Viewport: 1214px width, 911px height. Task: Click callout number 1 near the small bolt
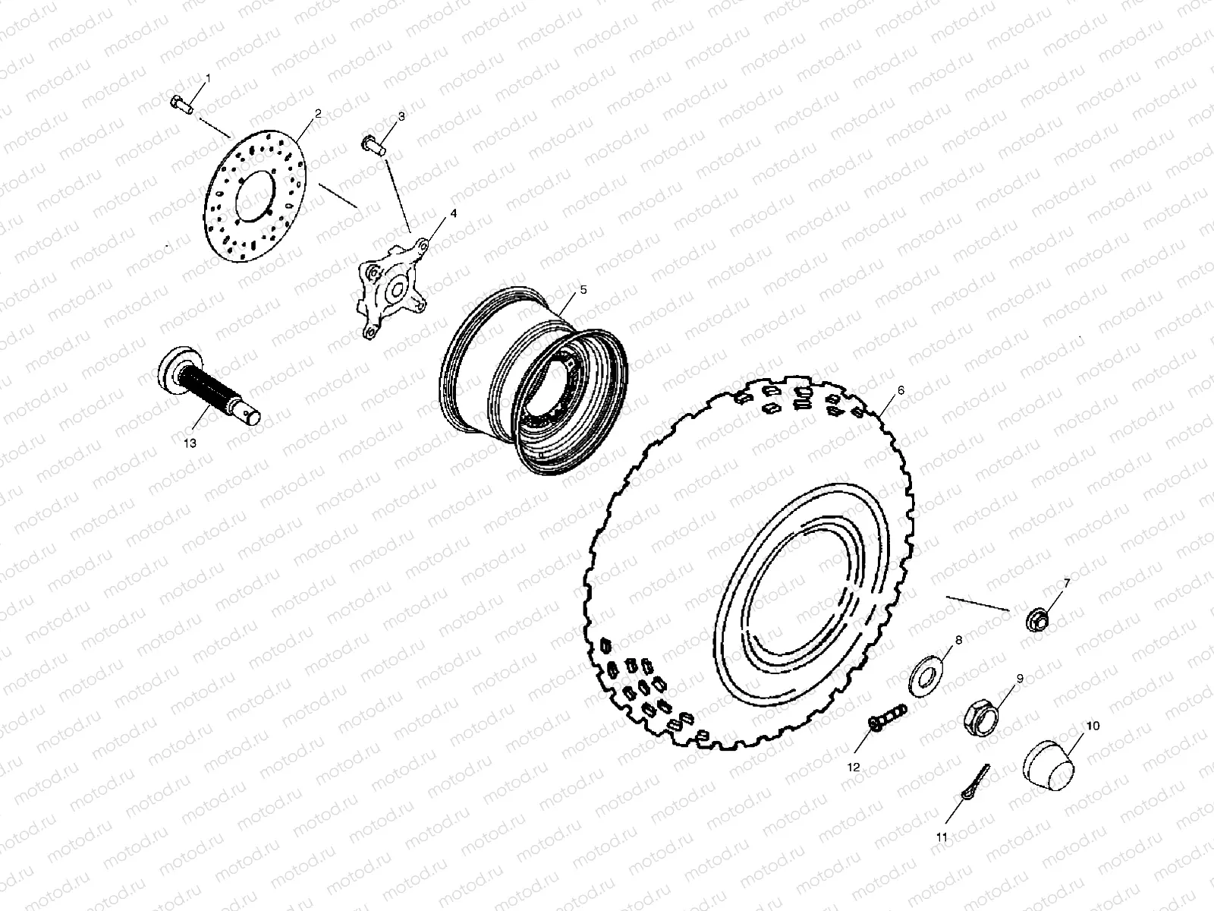[209, 79]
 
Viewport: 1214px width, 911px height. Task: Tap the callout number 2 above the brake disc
[318, 113]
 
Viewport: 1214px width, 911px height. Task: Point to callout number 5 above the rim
[583, 289]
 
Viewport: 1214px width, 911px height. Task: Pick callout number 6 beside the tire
[901, 390]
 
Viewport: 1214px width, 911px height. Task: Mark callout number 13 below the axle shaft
[190, 443]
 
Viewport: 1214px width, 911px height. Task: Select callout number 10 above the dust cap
[1093, 726]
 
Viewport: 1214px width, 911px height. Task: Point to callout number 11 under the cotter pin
[942, 837]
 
